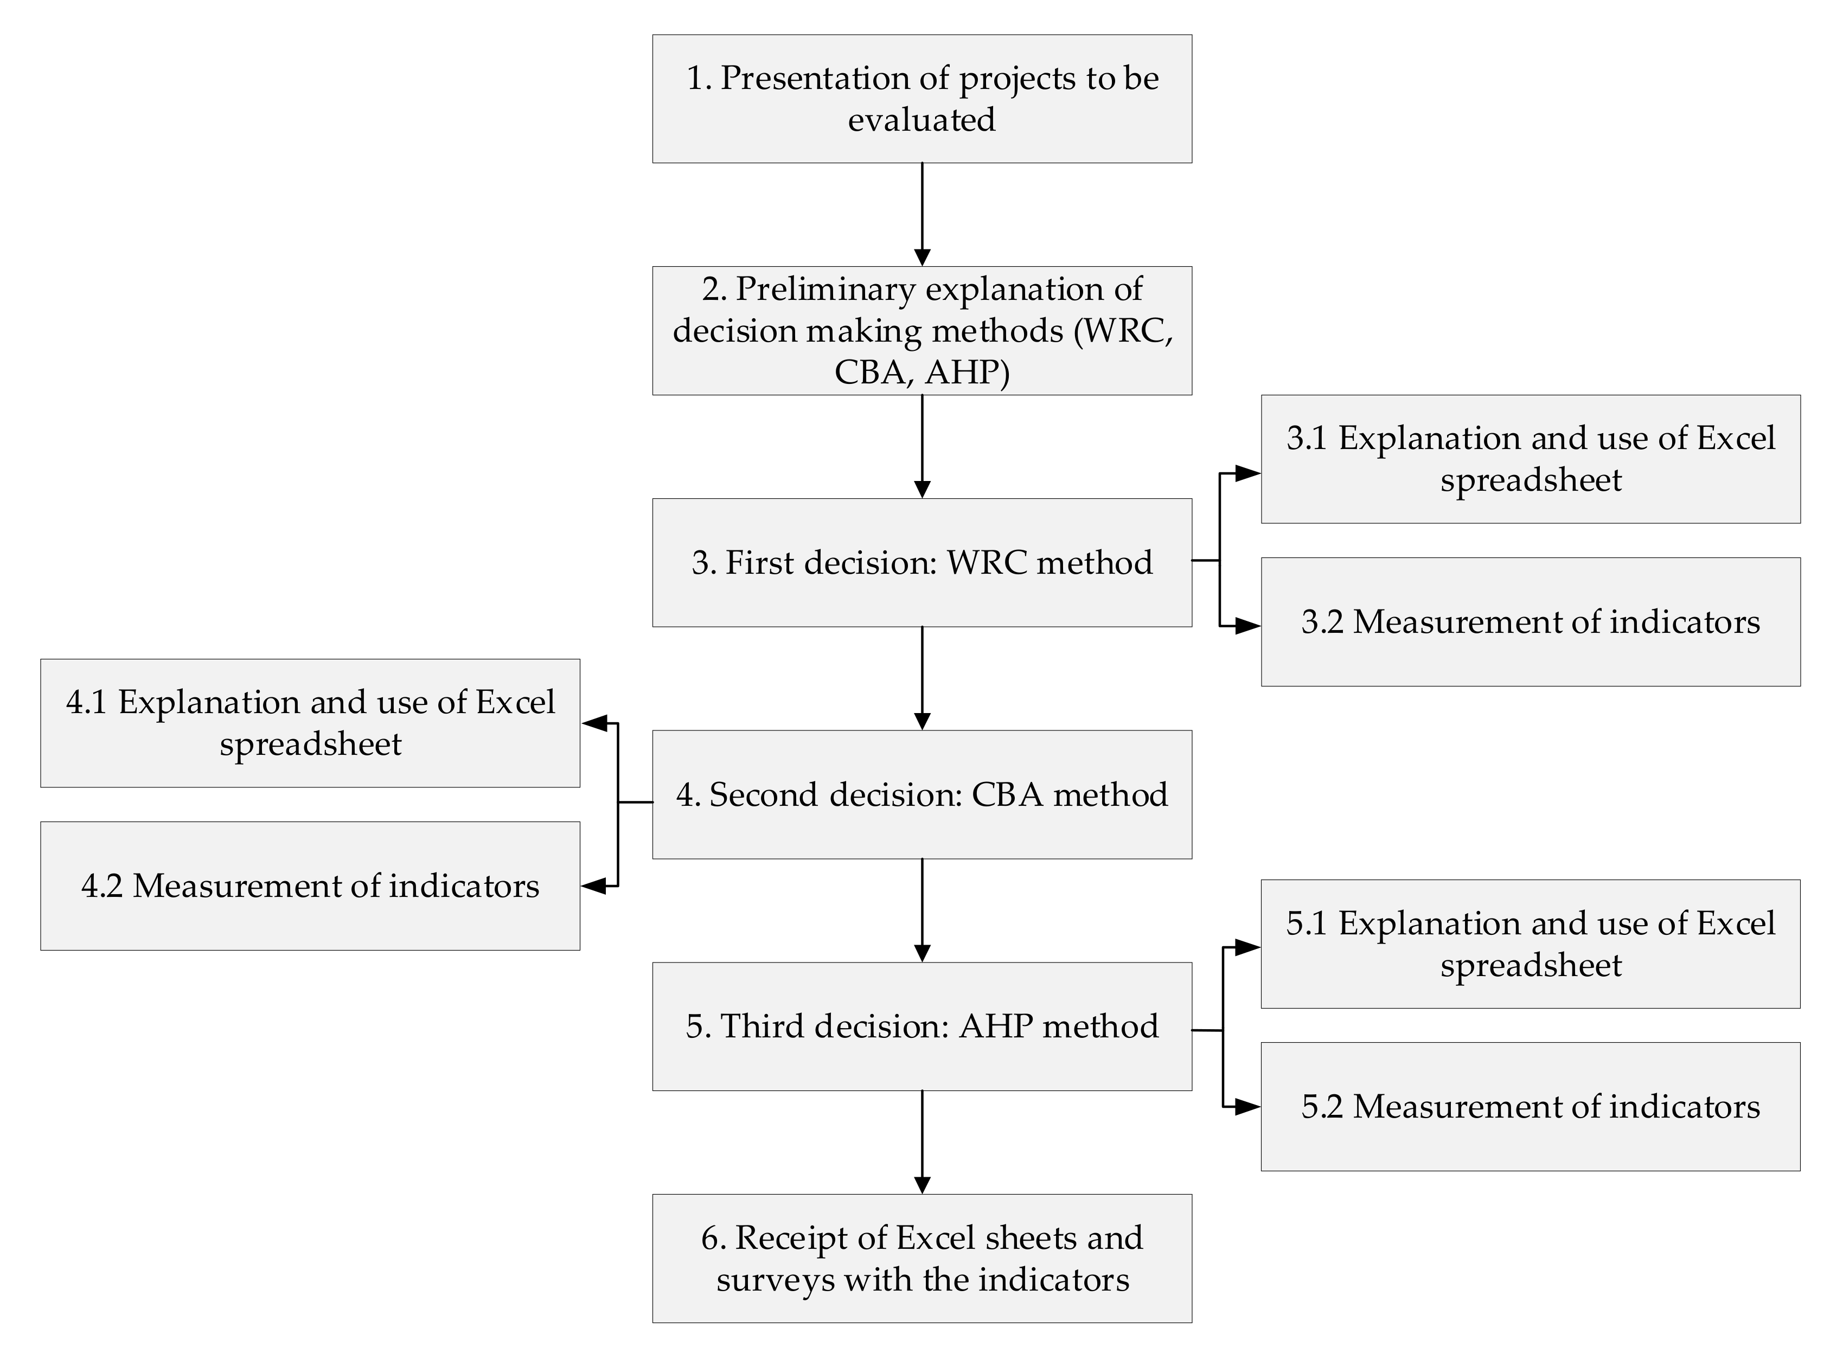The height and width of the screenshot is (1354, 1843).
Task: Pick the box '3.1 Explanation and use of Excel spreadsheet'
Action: [1530, 459]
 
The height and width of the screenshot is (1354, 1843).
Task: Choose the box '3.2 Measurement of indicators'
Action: [1530, 622]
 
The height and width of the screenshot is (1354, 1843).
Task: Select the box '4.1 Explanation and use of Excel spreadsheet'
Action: [310, 723]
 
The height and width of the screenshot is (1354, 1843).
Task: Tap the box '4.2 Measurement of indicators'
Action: [310, 886]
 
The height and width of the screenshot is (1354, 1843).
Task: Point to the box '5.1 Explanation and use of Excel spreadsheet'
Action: [1530, 944]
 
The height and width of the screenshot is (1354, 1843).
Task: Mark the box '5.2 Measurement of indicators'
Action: [1530, 1107]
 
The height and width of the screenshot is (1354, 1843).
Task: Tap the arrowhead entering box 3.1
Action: [1249, 473]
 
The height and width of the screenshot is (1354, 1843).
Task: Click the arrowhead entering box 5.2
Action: [1249, 1107]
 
